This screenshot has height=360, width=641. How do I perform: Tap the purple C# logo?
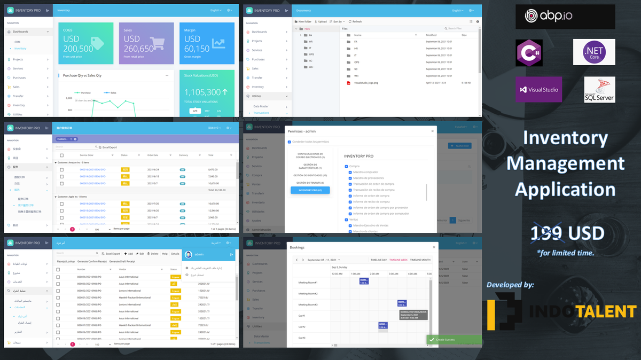pyautogui.click(x=529, y=53)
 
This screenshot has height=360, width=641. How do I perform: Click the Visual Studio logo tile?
pyautogui.click(x=538, y=89)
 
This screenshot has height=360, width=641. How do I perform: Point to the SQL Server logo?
pyautogui.click(x=599, y=89)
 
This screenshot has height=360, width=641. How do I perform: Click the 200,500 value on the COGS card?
pyautogui.click(x=78, y=49)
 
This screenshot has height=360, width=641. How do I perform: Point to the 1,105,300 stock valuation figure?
pyautogui.click(x=202, y=92)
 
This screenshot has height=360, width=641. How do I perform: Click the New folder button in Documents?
pyautogui.click(x=303, y=22)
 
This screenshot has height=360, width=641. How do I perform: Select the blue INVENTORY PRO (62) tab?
pyautogui.click(x=310, y=190)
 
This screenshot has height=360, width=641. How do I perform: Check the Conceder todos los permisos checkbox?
pyautogui.click(x=290, y=142)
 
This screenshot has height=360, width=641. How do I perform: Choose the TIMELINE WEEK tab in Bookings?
pyautogui.click(x=397, y=260)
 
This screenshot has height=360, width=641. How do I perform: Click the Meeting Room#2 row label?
pyautogui.click(x=308, y=293)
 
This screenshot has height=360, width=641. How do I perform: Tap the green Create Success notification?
pyautogui.click(x=454, y=339)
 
